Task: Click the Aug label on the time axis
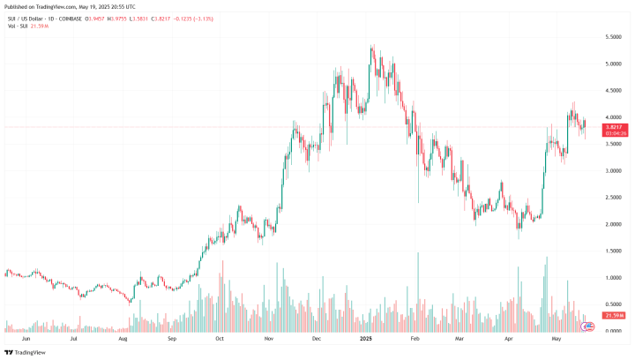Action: pyautogui.click(x=123, y=338)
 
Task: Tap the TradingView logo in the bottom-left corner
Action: pyautogui.click(x=26, y=351)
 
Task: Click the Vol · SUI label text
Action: pyautogui.click(x=16, y=27)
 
